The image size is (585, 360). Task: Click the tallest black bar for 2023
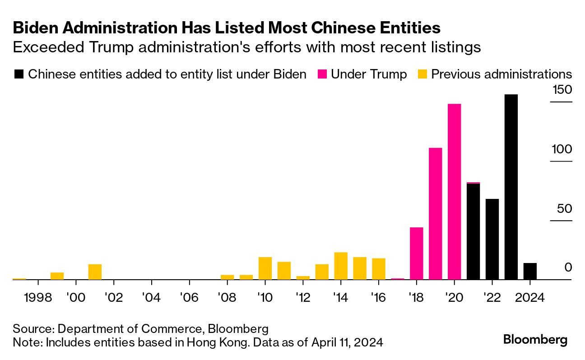point(511,187)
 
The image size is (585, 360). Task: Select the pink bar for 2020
point(454,192)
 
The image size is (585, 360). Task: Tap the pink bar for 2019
point(435,213)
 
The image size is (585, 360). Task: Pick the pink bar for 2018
point(416,253)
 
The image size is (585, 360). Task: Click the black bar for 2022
point(492,239)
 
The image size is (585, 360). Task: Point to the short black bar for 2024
point(530,271)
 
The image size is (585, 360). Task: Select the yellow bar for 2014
point(341,266)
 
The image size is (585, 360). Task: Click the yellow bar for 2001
point(95,272)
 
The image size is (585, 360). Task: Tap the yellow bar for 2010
point(265,268)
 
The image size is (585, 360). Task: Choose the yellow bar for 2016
point(379,269)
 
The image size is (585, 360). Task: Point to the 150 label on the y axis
point(562,90)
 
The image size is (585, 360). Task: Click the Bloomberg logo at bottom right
point(535,339)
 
